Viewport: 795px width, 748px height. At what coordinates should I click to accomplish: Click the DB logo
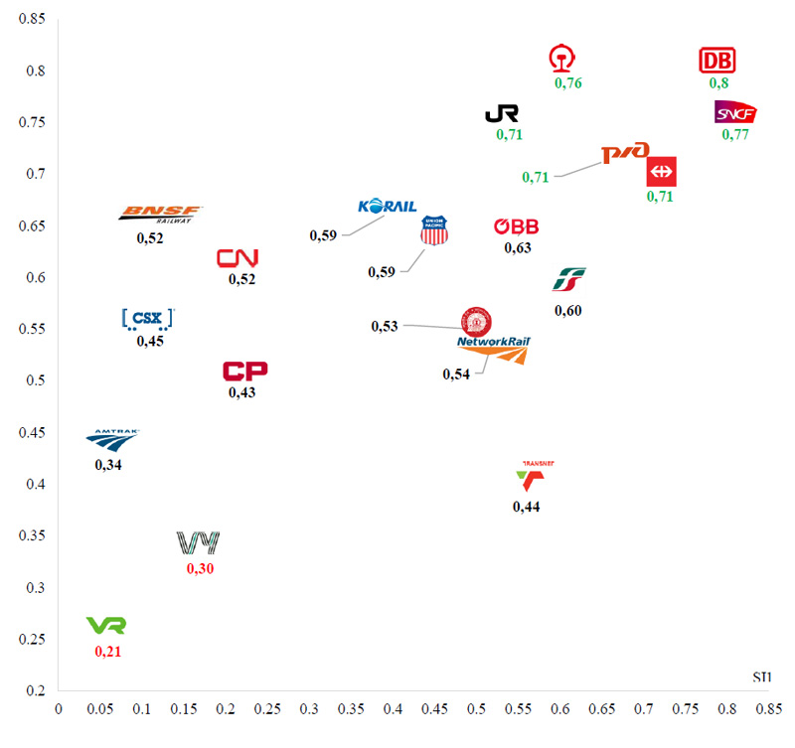(x=716, y=61)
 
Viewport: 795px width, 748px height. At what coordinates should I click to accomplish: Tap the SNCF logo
(x=735, y=112)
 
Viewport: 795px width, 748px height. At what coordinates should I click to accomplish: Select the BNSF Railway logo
(x=160, y=214)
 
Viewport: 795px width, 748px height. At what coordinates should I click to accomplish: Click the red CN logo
(x=238, y=258)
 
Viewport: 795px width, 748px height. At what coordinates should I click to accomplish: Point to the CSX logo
(x=147, y=319)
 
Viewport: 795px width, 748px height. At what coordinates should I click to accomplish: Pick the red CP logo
(x=244, y=372)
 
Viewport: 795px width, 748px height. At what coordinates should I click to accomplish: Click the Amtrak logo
(x=112, y=438)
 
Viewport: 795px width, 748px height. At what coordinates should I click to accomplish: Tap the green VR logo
(x=106, y=625)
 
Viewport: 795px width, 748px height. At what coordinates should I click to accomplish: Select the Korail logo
(x=387, y=207)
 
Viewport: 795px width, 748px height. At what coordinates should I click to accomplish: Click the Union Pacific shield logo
(x=434, y=231)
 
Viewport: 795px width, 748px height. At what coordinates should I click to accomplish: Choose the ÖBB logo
(x=516, y=226)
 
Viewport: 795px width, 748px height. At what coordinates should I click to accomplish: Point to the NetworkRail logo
(x=494, y=347)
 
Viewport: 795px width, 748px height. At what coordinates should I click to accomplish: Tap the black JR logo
(x=502, y=113)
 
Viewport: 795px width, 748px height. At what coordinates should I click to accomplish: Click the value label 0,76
(x=567, y=83)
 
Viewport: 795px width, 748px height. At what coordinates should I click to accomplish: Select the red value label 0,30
(x=200, y=569)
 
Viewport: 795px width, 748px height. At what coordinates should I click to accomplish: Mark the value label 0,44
(x=527, y=507)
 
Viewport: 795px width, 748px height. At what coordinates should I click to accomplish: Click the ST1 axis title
(x=762, y=677)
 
